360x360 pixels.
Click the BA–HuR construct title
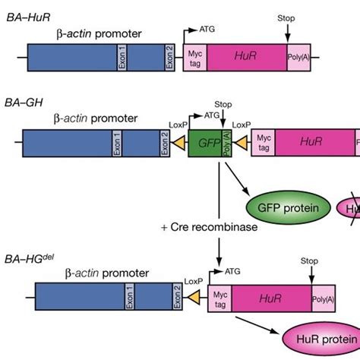26,16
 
